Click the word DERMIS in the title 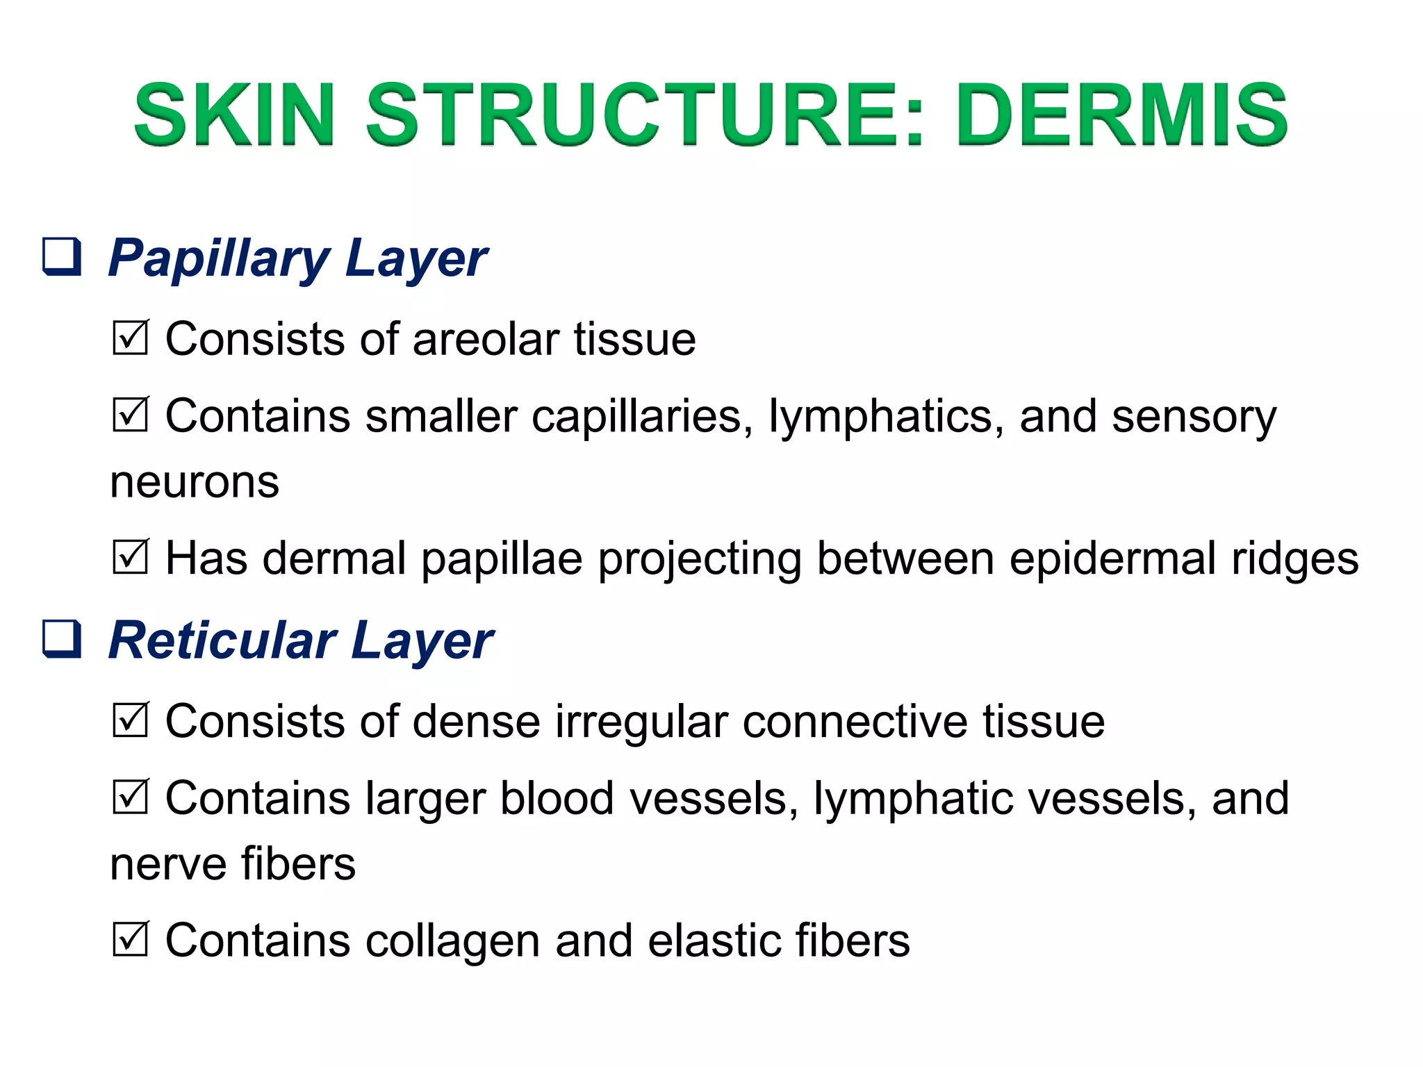point(1121,115)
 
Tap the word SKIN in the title point(234,115)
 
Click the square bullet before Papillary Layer point(63,257)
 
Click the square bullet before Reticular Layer point(63,639)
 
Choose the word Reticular point(222,640)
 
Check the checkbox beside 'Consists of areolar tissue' point(130,338)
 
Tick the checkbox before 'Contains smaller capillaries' point(130,415)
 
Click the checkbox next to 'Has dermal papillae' point(130,558)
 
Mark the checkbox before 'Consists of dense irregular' point(130,720)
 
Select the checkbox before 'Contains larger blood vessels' point(130,797)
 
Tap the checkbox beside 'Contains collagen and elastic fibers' point(130,939)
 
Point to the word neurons point(195,482)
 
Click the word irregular point(641,722)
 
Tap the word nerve point(167,864)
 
